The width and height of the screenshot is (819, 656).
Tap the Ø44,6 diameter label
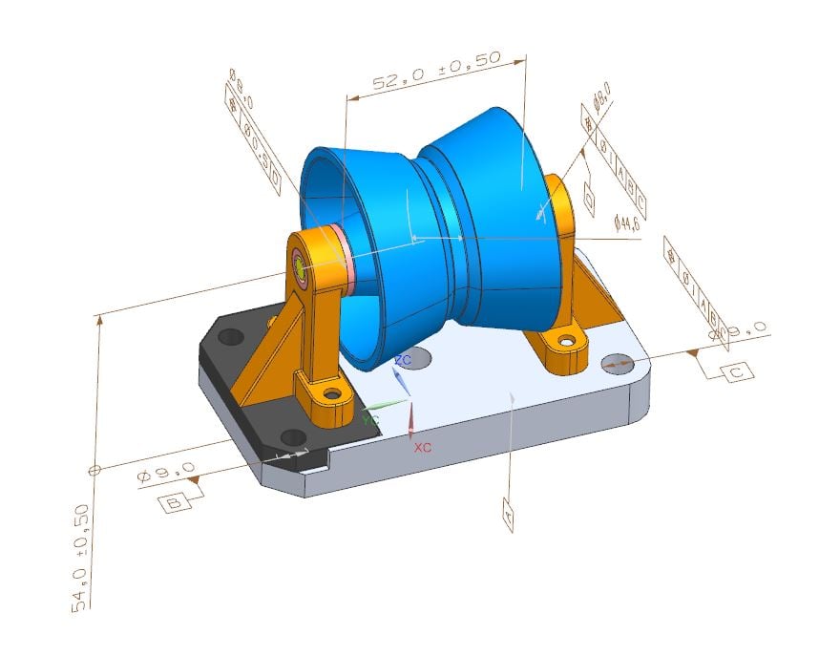point(626,222)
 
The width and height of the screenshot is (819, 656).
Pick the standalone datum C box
point(736,371)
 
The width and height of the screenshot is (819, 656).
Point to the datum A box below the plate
point(509,517)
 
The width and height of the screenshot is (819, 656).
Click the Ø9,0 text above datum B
point(167,473)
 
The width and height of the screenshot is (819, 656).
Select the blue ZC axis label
point(403,360)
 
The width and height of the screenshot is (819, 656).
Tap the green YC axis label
point(370,418)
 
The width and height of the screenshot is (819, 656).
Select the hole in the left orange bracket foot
point(331,392)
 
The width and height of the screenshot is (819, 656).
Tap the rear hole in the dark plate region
point(230,337)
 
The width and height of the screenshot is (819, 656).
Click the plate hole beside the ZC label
point(416,359)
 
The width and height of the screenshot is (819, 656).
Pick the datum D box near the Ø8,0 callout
point(589,201)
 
